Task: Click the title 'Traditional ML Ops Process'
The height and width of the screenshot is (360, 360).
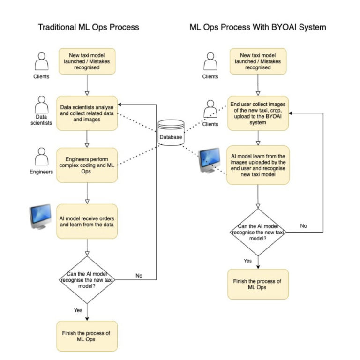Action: (88, 27)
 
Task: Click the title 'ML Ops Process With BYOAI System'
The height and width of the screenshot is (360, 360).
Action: (258, 27)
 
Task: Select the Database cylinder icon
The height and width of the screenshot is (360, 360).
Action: (171, 132)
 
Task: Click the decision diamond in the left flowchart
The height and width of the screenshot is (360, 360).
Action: (87, 279)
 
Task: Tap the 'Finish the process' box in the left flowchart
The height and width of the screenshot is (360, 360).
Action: (87, 336)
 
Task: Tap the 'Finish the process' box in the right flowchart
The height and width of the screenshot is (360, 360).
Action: (258, 284)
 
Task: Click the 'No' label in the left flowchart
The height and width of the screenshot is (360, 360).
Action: (139, 275)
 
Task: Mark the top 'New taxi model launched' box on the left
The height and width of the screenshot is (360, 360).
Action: (87, 61)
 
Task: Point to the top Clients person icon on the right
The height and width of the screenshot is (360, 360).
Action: (210, 61)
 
